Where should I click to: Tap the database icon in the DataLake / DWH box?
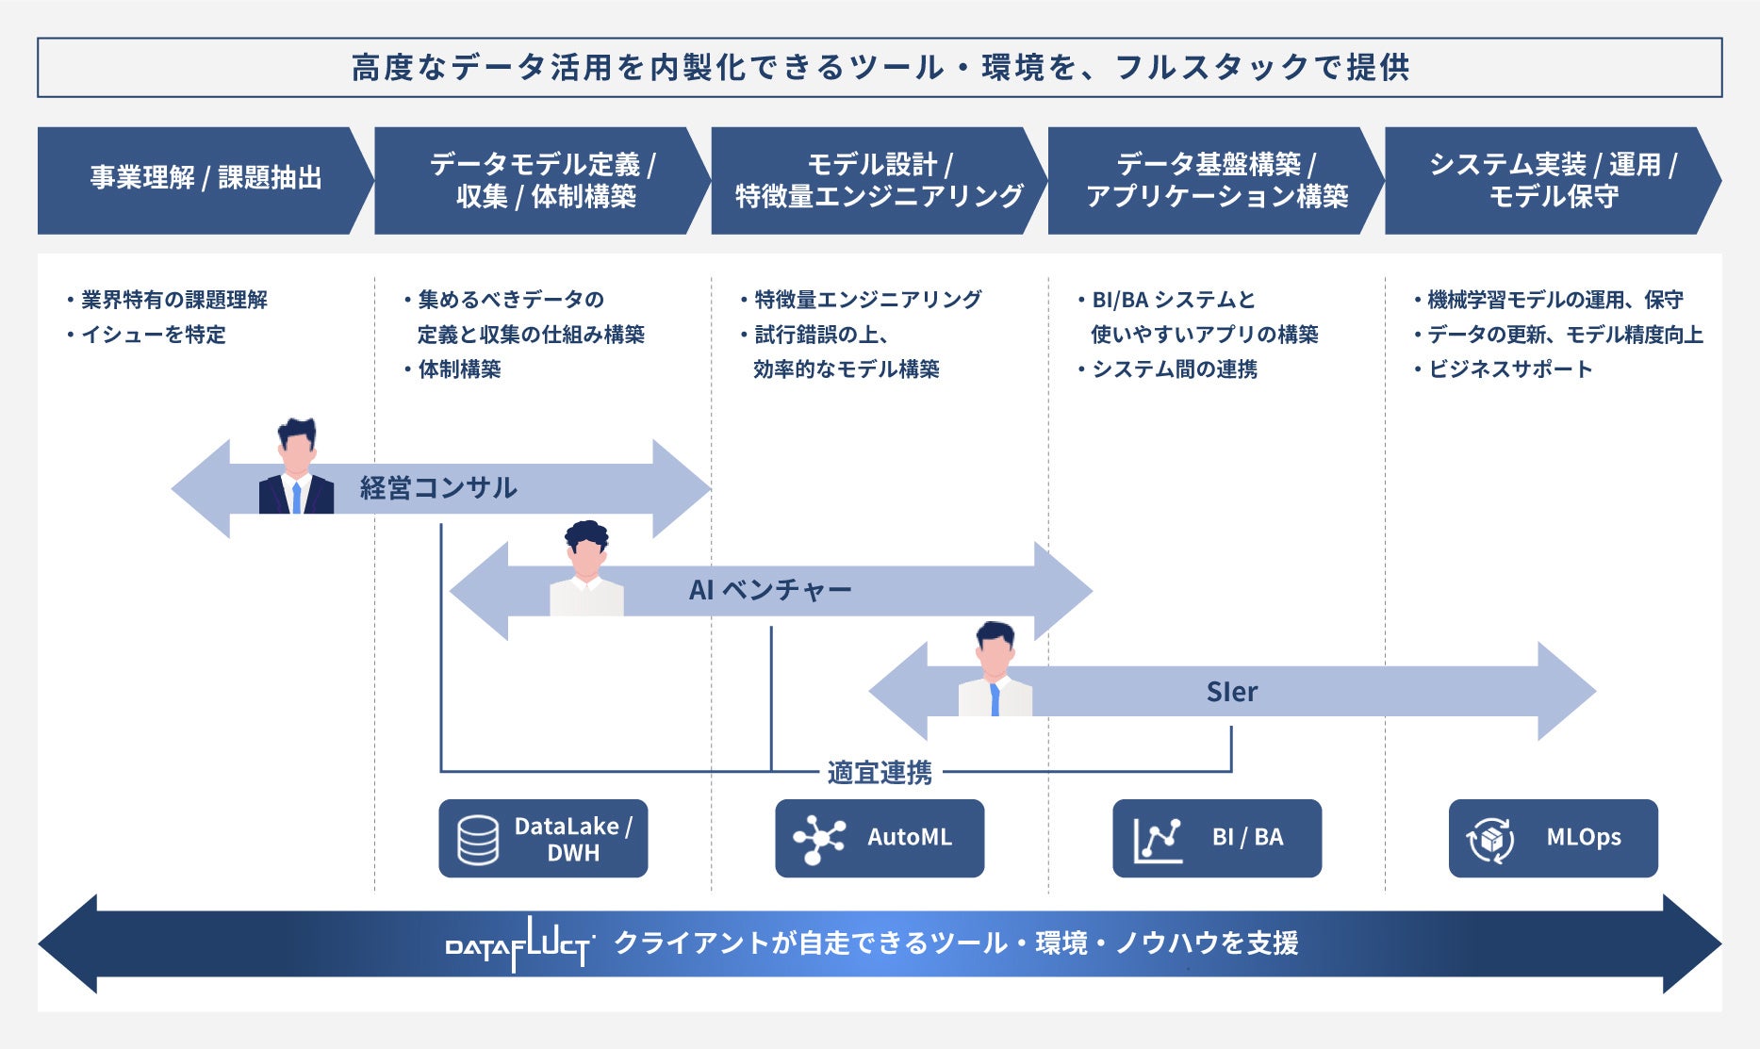coord(478,840)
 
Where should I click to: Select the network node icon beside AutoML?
coord(818,838)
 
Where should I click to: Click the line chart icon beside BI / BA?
coord(1158,839)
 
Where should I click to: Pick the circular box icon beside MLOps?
coord(1490,839)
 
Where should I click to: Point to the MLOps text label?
coord(1584,837)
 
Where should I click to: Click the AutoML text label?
coord(910,837)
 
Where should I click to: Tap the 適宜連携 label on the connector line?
coord(880,773)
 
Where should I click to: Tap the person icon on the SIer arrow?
coord(995,668)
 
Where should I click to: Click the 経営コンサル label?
coord(438,488)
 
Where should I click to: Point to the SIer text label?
coord(1232,692)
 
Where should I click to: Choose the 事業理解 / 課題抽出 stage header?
coord(206,180)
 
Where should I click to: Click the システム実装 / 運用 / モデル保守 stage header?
coord(1553,180)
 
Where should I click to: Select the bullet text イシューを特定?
coord(154,335)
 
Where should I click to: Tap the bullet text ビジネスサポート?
coord(1510,369)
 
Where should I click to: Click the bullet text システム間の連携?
coord(1175,369)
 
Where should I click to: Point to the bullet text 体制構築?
coord(459,369)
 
